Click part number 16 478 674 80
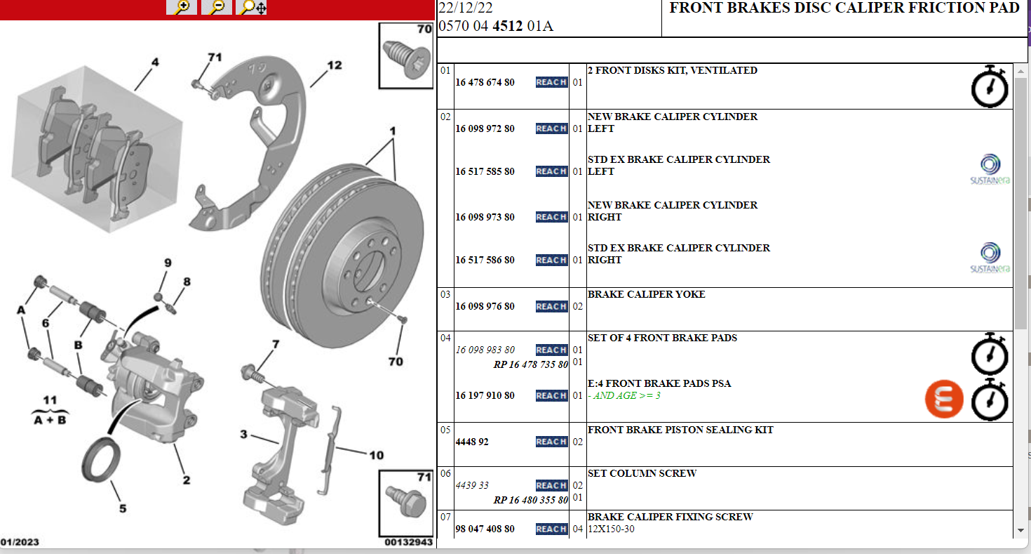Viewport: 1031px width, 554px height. tap(485, 82)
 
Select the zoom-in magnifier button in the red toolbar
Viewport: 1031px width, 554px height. tap(182, 7)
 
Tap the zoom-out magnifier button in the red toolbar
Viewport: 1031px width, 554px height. tap(216, 7)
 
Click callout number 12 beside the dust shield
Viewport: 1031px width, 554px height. tap(335, 65)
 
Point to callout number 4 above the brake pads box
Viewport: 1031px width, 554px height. tap(155, 62)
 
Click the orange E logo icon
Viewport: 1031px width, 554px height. tap(944, 399)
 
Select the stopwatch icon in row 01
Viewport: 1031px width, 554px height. tap(990, 86)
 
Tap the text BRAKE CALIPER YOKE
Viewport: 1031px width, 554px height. tap(646, 294)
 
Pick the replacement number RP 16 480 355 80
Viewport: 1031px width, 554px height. tap(531, 500)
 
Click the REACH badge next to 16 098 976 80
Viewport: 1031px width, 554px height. tap(551, 307)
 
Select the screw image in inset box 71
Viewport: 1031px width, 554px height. tap(407, 502)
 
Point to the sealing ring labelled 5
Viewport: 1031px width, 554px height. tap(101, 461)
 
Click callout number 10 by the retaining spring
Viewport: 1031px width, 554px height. tap(377, 456)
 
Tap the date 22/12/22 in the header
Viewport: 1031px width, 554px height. tap(465, 8)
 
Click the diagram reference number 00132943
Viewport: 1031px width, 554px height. tap(409, 542)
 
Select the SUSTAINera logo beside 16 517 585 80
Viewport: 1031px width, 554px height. tap(990, 169)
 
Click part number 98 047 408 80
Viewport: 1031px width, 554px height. tap(485, 529)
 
